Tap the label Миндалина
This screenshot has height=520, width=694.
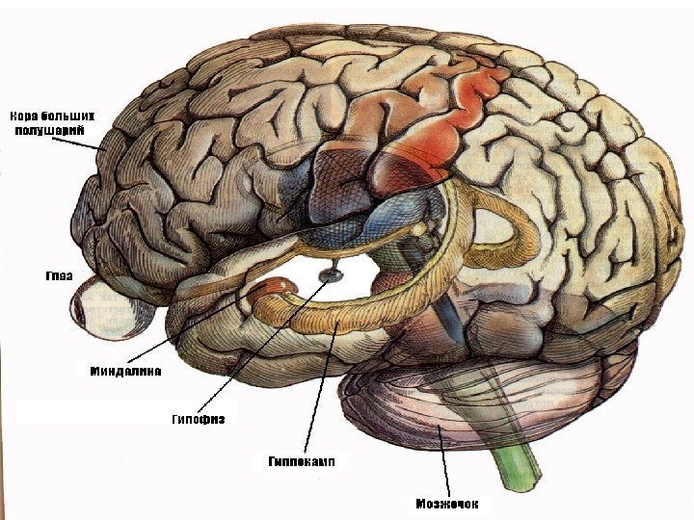click(x=125, y=370)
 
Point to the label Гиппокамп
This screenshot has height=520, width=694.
click(x=301, y=461)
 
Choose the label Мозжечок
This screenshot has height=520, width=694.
click(x=446, y=503)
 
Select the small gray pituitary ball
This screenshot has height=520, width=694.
click(x=330, y=276)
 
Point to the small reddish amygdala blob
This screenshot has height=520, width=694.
click(x=278, y=287)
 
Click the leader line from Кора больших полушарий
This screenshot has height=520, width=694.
click(x=77, y=142)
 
